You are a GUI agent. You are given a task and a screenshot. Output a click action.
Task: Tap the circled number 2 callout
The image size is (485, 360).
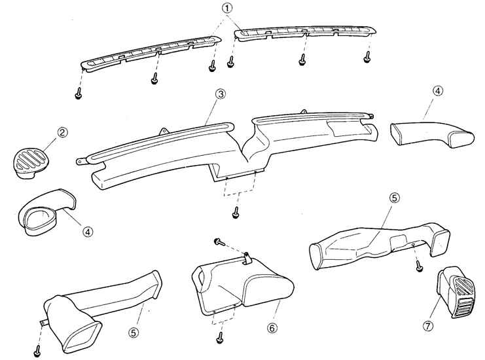click(x=62, y=133)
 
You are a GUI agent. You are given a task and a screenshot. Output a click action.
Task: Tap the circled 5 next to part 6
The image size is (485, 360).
click(x=134, y=332)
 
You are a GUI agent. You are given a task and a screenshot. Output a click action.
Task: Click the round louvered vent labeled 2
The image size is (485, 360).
click(x=31, y=162)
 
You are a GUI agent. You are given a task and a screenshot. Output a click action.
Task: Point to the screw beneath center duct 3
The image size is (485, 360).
click(x=235, y=213)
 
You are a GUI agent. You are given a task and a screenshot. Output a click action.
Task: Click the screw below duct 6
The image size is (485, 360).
click(x=219, y=338)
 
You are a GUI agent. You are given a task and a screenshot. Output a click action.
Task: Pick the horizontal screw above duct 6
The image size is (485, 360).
click(x=220, y=242)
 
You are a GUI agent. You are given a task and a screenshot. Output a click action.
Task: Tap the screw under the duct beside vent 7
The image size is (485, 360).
click(x=418, y=266)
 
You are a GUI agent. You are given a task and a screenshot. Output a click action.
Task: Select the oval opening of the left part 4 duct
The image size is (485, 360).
click(x=37, y=218)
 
